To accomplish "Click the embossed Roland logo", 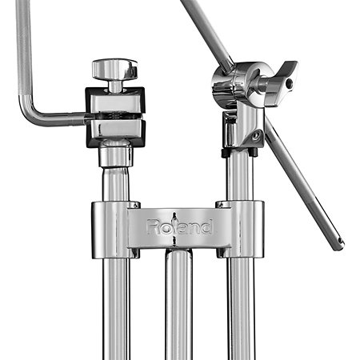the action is click(180, 227).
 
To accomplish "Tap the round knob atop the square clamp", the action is click(115, 69).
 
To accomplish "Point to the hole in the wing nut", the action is click(289, 84).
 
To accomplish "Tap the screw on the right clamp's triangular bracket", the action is click(257, 136).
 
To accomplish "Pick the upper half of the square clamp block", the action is click(115, 101).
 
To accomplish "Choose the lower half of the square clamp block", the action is click(115, 133).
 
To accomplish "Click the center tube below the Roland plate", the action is click(178, 304).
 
